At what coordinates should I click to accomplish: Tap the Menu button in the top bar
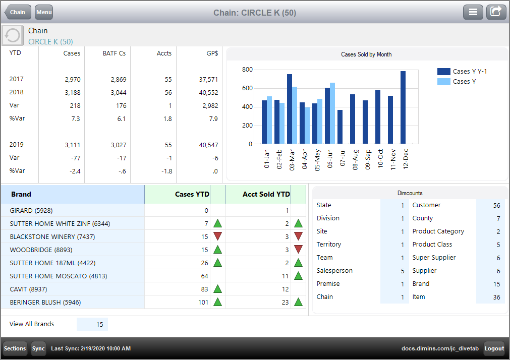44,12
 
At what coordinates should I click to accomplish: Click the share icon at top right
496,12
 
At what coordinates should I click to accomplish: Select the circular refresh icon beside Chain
12,35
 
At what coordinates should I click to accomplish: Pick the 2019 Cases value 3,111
72,145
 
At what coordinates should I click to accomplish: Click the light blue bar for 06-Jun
332,113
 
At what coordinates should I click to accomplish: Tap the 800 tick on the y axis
247,70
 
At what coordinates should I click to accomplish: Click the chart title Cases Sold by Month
366,54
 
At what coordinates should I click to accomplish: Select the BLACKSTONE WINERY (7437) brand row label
52,236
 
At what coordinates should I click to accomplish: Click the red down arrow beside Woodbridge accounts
298,250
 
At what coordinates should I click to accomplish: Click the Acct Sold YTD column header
266,194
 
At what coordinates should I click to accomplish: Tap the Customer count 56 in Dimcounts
496,205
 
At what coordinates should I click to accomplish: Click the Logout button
494,348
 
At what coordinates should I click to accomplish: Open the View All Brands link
32,324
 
